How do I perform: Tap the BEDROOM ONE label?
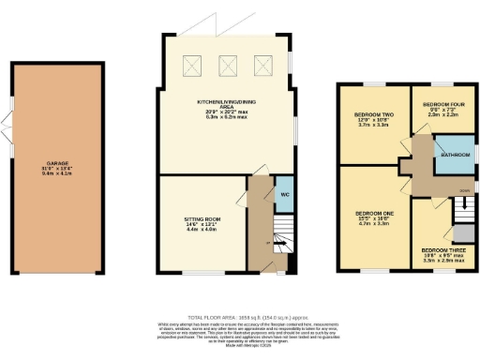click(373, 213)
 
